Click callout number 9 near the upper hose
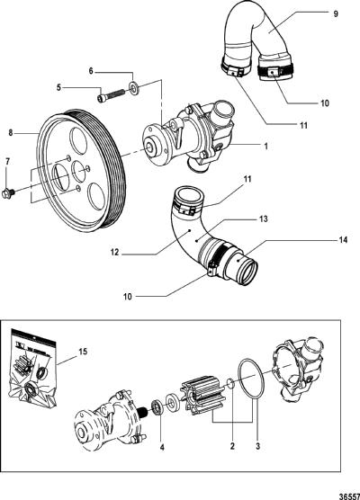pyautogui.click(x=335, y=13)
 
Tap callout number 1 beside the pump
pyautogui.click(x=265, y=147)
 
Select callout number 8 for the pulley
pyautogui.click(x=11, y=133)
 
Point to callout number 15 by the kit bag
pyautogui.click(x=83, y=352)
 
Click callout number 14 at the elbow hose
pyautogui.click(x=343, y=240)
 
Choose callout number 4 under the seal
pyautogui.click(x=162, y=447)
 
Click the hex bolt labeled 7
pyautogui.click(x=8, y=193)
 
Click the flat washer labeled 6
pyautogui.click(x=133, y=87)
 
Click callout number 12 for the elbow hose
pyautogui.click(x=115, y=252)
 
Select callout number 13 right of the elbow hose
pyautogui.click(x=264, y=219)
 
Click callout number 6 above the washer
pyautogui.click(x=91, y=71)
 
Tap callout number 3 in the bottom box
pyautogui.click(x=258, y=446)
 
